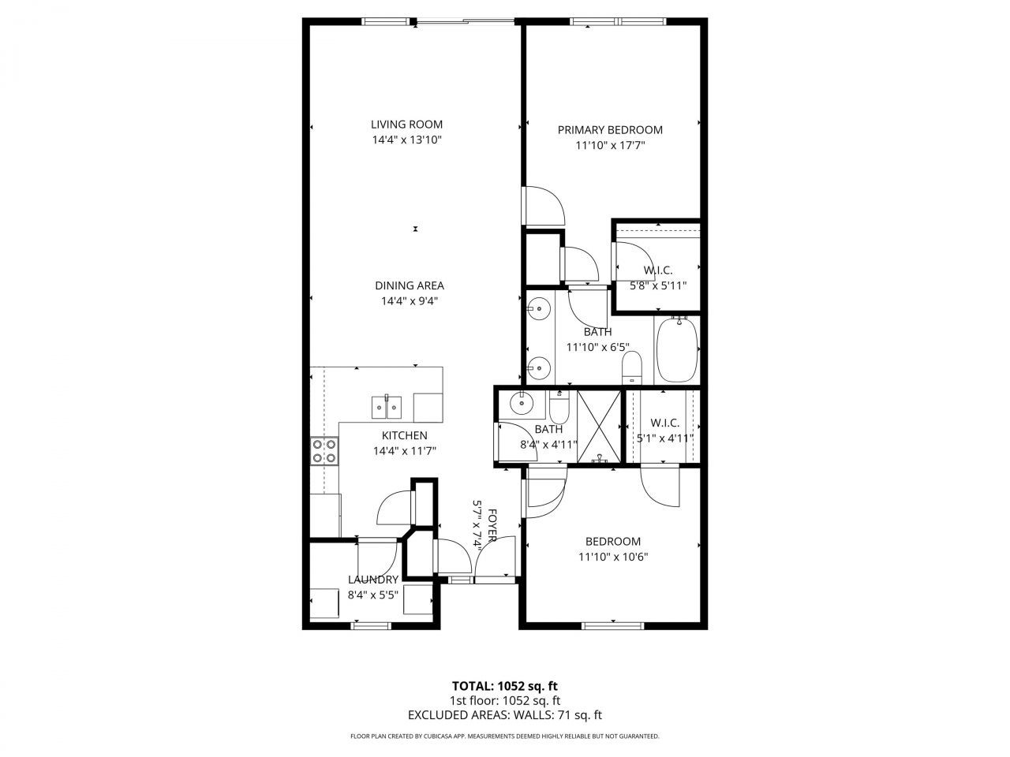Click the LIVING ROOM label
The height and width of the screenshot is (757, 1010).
click(x=406, y=124)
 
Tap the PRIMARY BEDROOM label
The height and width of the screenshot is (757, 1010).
click(x=610, y=130)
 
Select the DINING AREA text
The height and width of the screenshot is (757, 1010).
click(x=409, y=285)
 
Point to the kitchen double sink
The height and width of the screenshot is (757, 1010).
click(x=387, y=408)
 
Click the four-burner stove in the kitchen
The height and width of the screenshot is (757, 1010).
click(x=324, y=451)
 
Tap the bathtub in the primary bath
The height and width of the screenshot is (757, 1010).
click(x=676, y=349)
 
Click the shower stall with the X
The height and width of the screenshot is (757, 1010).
click(x=600, y=427)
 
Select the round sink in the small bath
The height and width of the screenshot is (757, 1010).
click(x=521, y=404)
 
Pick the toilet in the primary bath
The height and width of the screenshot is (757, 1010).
click(x=632, y=369)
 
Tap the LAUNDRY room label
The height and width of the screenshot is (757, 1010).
click(x=373, y=580)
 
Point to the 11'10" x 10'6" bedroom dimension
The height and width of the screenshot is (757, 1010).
click(x=612, y=557)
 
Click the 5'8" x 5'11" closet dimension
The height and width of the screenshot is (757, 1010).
click(x=657, y=285)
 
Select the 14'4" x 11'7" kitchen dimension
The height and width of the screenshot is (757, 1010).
click(x=405, y=451)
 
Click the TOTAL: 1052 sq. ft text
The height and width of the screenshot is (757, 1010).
click(x=504, y=685)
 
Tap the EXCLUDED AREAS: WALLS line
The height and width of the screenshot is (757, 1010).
click(x=504, y=715)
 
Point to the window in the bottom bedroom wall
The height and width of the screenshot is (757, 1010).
click(x=612, y=626)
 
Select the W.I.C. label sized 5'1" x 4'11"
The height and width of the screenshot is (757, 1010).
click(x=664, y=423)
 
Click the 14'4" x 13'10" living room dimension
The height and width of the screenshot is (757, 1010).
click(x=406, y=140)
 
